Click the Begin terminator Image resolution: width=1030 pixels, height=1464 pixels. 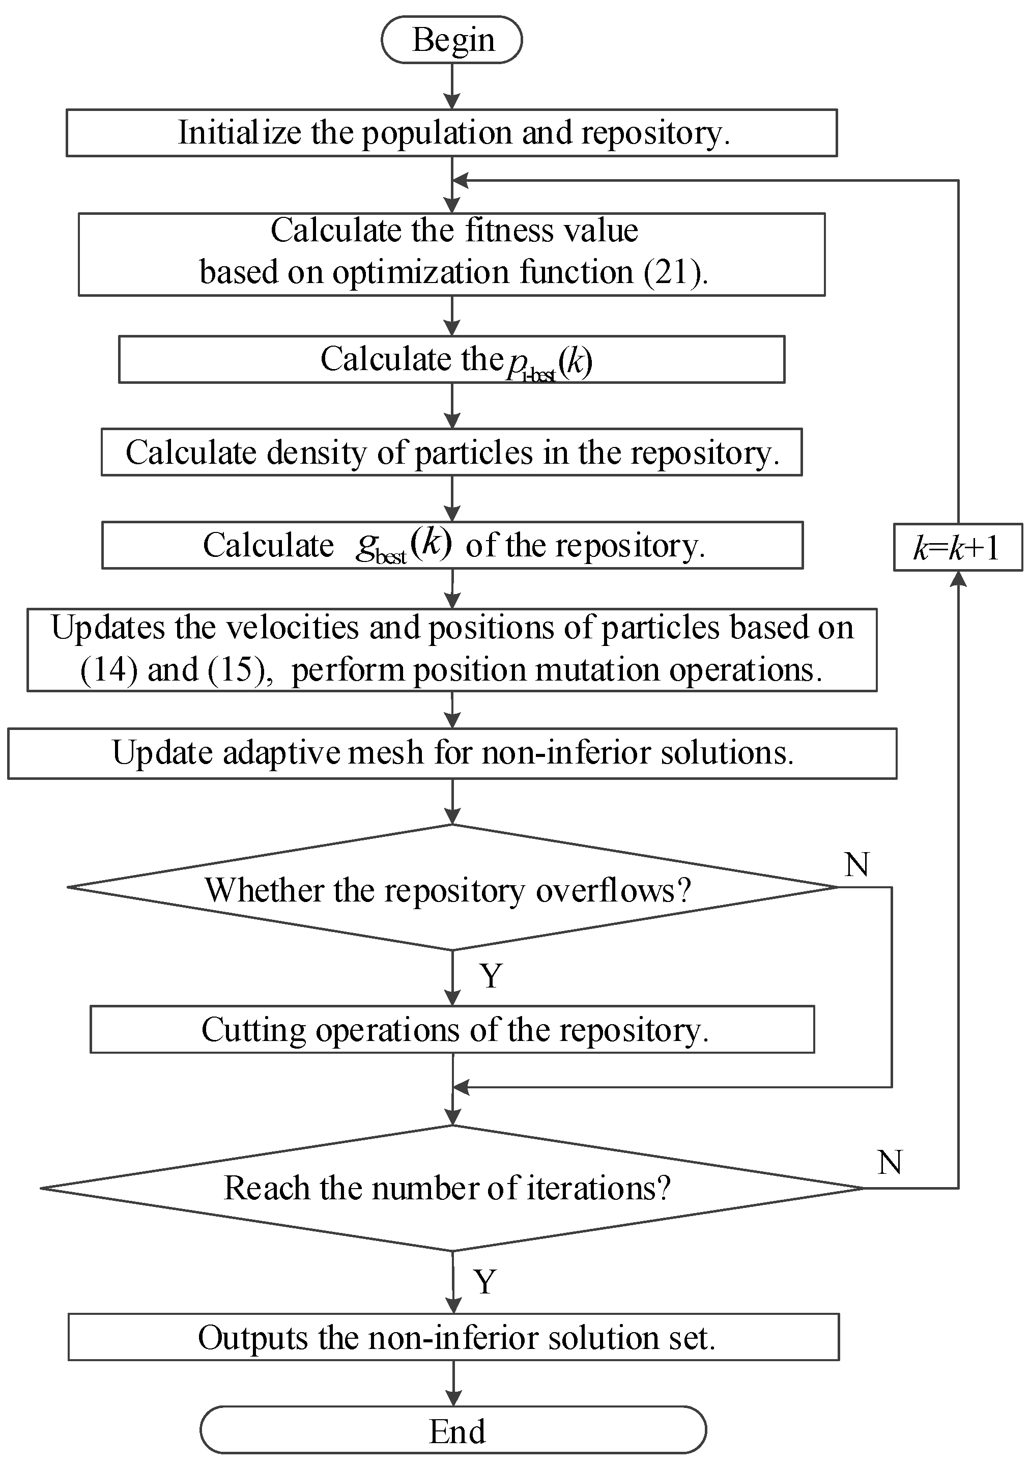(x=451, y=40)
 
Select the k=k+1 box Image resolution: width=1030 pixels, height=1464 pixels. (x=957, y=547)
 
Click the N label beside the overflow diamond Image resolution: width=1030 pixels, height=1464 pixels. (x=856, y=865)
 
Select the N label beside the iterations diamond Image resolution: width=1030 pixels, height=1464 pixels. (x=889, y=1163)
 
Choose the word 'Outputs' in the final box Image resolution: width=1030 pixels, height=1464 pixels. (x=252, y=1338)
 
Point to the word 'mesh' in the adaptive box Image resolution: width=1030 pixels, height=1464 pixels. (x=386, y=752)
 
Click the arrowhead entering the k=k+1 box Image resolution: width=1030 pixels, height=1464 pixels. (x=958, y=578)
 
